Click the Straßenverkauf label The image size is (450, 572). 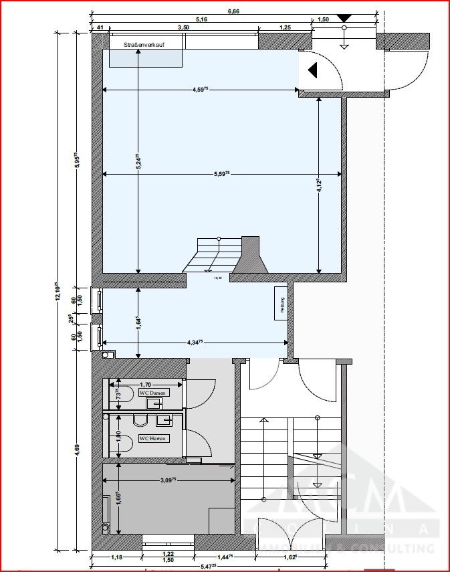[x=144, y=44]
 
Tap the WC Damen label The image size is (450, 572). [x=152, y=393]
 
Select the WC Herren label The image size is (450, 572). [x=152, y=438]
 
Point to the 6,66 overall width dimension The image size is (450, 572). [x=234, y=11]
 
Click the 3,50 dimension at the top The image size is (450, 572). [x=183, y=27]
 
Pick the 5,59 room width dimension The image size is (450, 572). [x=222, y=173]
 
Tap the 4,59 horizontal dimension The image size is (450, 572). [x=201, y=88]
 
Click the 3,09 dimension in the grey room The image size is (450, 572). [x=168, y=479]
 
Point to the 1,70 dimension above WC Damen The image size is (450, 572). [x=144, y=384]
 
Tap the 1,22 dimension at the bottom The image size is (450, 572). [x=168, y=554]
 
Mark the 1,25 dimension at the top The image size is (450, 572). [x=286, y=27]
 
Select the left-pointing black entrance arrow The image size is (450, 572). [x=312, y=70]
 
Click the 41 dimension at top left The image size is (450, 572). [x=99, y=27]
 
